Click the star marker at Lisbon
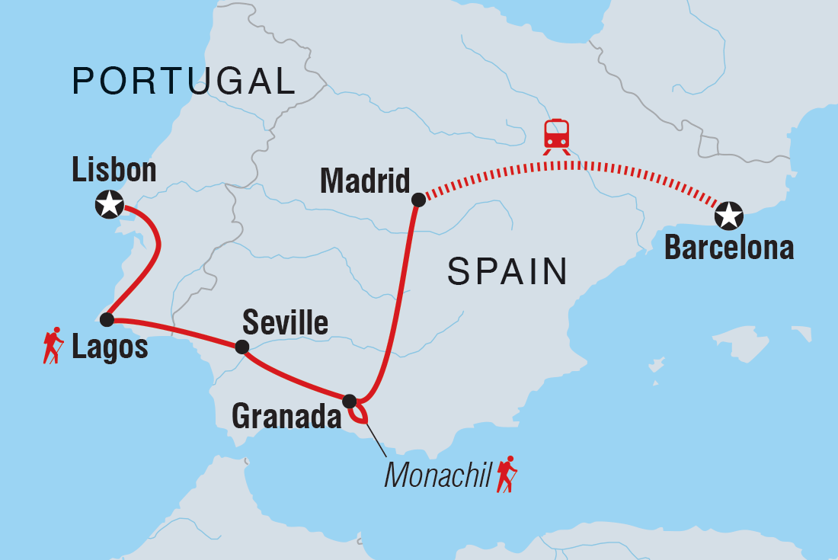[110, 203]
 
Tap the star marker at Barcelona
[729, 216]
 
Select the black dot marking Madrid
[417, 200]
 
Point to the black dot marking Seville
[241, 347]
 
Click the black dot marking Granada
[349, 401]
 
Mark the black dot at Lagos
[107, 318]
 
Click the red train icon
[556, 136]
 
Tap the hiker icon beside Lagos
[53, 346]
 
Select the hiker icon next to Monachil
[506, 475]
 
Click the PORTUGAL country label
[184, 81]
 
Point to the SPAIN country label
[507, 271]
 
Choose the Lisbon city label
[114, 171]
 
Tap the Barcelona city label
[729, 248]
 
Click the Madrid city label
[365, 181]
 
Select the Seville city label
[285, 323]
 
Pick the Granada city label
[286, 416]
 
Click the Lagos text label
[110, 348]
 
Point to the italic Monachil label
[437, 475]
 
